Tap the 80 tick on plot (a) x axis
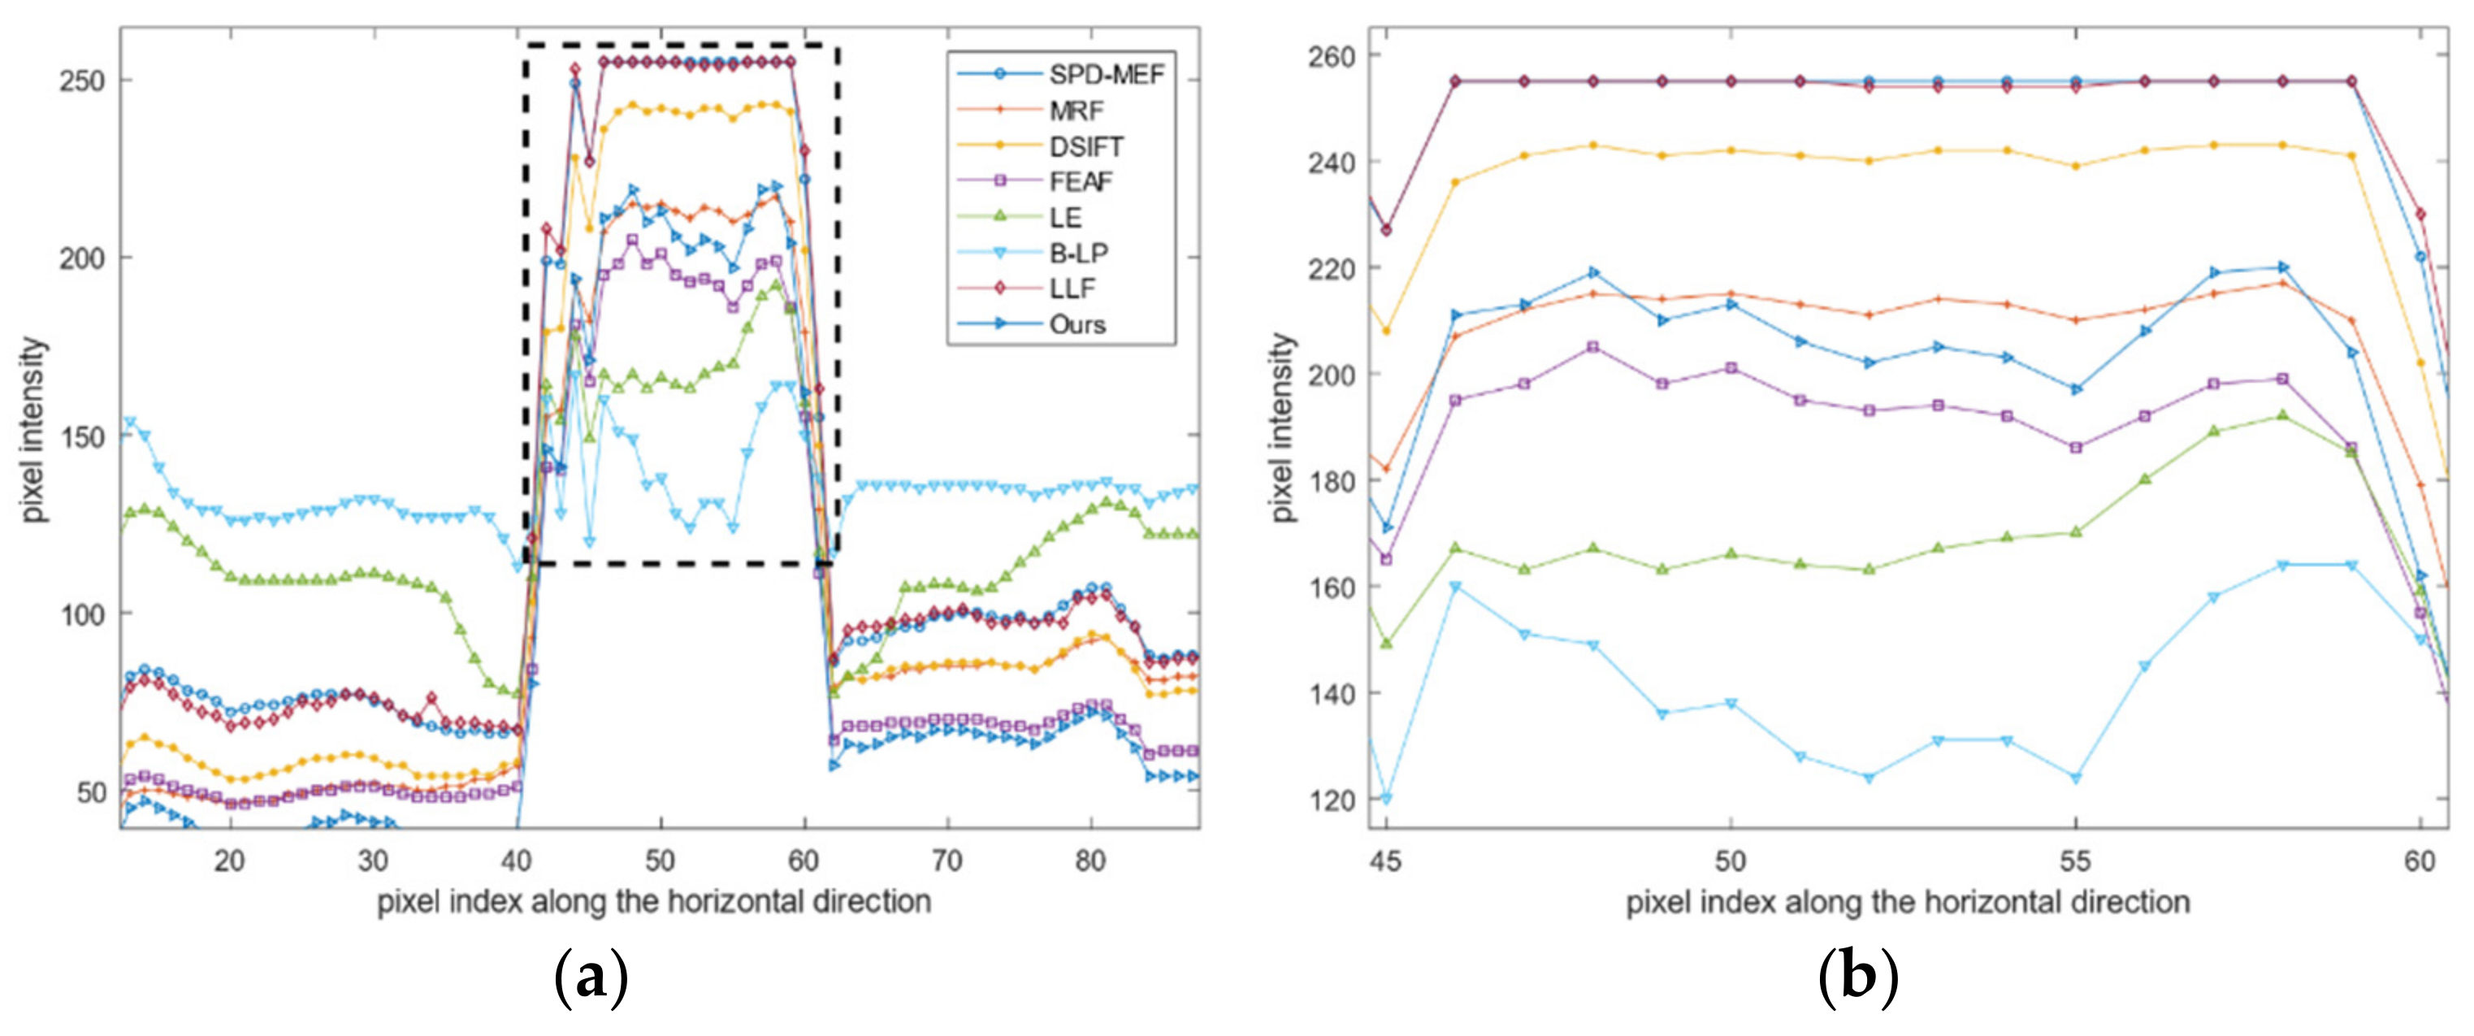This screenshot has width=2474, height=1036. coord(1090,861)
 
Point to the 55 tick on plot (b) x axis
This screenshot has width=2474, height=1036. coord(2075,861)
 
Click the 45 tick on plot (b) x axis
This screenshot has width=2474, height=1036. coord(1385,861)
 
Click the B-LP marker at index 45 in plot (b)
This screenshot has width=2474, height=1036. coord(1386,799)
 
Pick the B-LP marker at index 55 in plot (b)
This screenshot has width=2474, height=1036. coord(2075,778)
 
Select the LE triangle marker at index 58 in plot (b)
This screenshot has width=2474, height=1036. coord(2283,414)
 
